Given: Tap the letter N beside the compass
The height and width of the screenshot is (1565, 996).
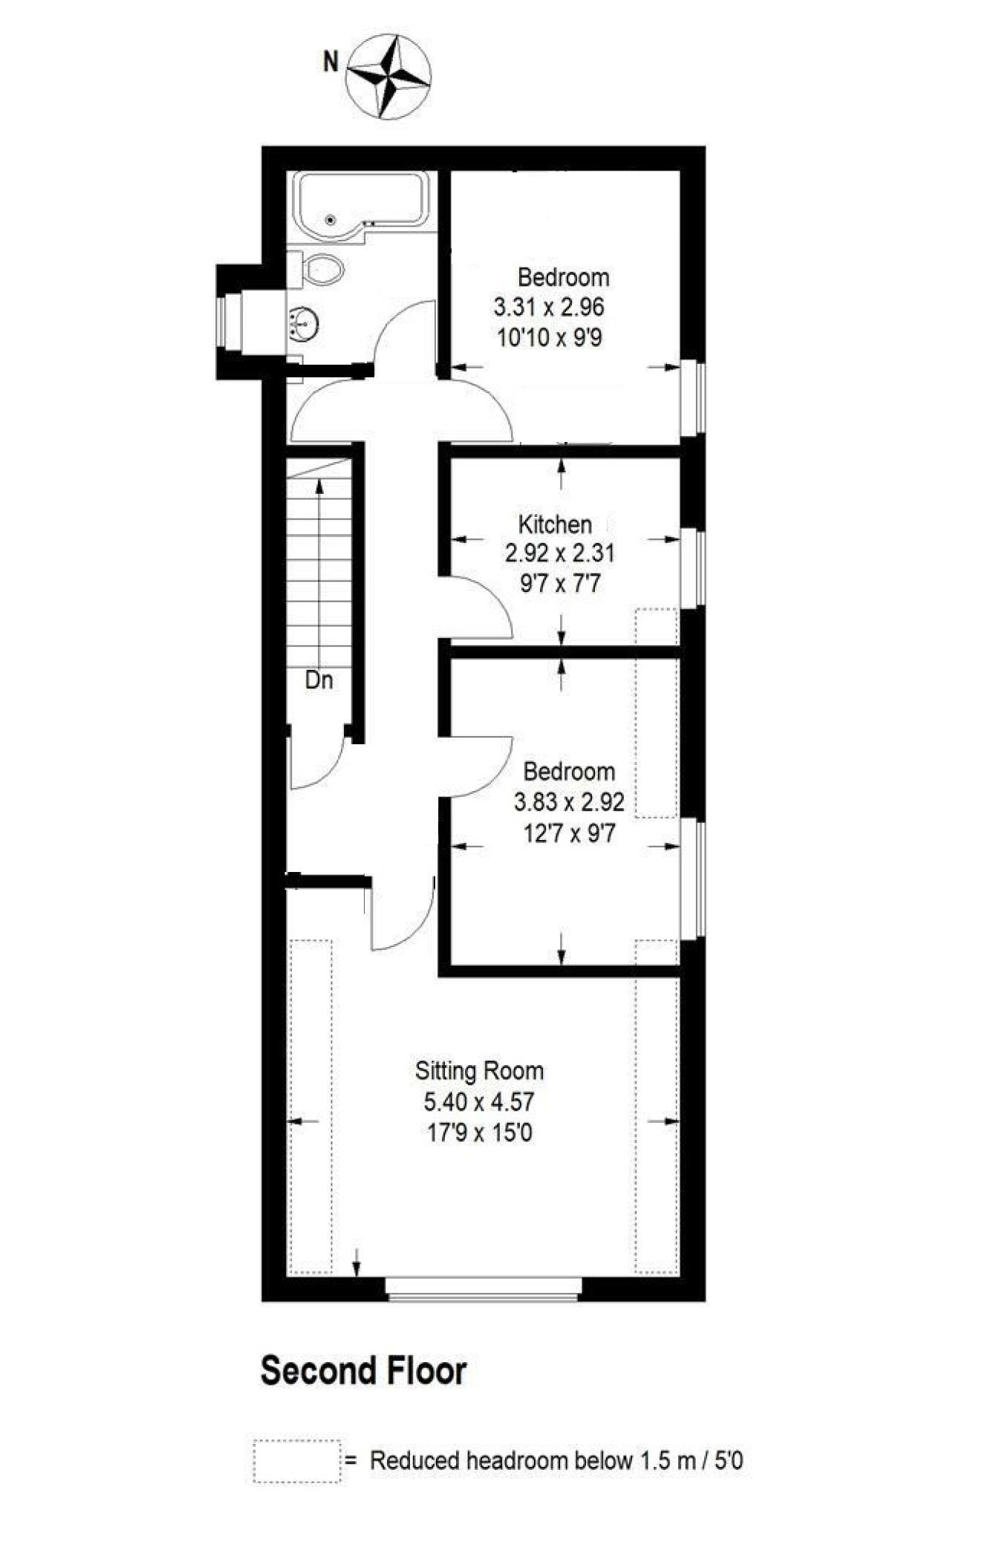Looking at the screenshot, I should pos(331,62).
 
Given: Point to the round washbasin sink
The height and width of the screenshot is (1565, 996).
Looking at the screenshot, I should pos(304,324).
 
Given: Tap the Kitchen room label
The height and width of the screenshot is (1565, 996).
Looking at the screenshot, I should pos(555,524).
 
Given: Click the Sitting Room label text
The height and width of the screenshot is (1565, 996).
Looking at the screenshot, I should pos(479,1070).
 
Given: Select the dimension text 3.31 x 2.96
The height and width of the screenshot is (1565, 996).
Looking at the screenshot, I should pos(549,307).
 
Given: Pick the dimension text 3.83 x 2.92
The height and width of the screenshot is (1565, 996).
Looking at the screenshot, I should pos(569,802).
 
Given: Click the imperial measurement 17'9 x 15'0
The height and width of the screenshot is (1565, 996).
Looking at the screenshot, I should pos(479,1133).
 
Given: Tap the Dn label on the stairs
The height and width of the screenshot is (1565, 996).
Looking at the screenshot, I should pos(319,680).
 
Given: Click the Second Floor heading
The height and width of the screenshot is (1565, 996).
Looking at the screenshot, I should pos(363,1370).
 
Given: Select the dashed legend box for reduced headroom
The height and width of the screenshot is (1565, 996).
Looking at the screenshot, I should pos(297,1461).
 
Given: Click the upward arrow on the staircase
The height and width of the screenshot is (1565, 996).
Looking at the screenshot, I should pos(319,487).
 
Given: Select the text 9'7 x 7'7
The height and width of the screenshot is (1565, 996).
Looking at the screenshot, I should pos(560,585).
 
